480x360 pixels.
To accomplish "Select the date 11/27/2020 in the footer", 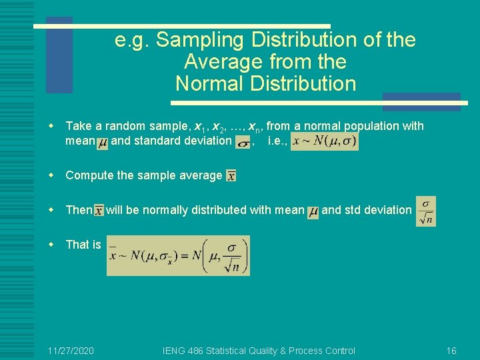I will [71, 351].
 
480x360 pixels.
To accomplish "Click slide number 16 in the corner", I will [451, 351].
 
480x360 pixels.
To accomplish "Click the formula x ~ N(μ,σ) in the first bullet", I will [325, 141].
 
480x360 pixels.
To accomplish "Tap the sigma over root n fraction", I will [425, 211].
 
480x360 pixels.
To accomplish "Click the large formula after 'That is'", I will [178, 255].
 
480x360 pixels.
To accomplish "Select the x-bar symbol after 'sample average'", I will [231, 176].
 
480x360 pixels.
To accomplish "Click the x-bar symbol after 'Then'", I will [99, 211].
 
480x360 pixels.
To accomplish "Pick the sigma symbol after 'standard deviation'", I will [244, 142].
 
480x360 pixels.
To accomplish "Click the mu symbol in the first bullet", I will [102, 142].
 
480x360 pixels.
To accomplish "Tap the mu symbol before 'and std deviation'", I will [313, 211].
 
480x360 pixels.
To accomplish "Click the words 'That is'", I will [83, 245].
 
